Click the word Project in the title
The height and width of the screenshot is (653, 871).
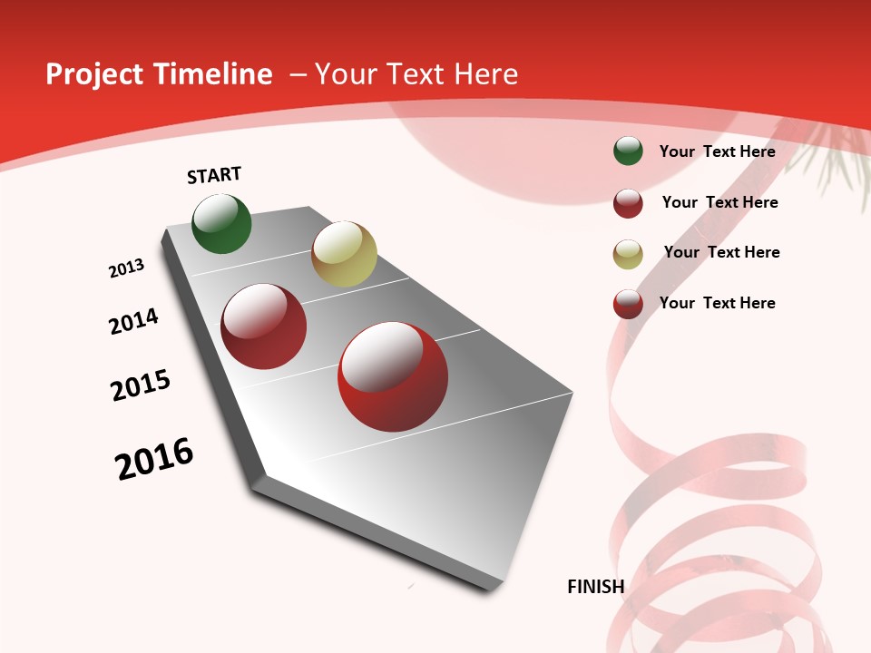[94, 74]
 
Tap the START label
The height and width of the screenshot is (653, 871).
[214, 175]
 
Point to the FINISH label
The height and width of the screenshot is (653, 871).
[595, 587]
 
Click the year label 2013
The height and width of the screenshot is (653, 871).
[126, 268]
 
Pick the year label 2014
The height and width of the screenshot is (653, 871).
[133, 321]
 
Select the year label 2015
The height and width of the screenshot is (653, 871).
[141, 385]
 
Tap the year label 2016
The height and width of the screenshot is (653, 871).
[154, 459]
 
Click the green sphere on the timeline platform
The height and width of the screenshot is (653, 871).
[221, 223]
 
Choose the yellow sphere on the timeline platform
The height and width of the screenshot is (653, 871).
[344, 254]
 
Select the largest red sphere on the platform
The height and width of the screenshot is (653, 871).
[393, 376]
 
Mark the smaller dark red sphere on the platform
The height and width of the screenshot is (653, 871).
[264, 326]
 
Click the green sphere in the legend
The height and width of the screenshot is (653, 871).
[628, 151]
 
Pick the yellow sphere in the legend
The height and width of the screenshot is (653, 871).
[628, 254]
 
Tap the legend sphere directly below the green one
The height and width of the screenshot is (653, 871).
[628, 203]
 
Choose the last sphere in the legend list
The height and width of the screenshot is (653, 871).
[628, 304]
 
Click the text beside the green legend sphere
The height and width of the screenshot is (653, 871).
[717, 151]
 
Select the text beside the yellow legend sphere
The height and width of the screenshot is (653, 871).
[721, 252]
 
